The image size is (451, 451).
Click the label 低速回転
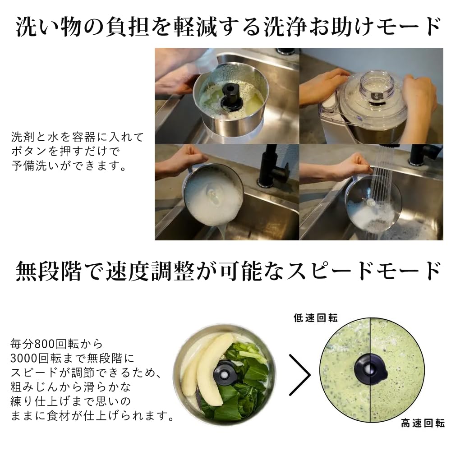[315, 318]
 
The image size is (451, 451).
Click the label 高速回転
[423, 423]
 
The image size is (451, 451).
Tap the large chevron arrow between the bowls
[299, 375]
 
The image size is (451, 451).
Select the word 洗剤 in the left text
[20, 137]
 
